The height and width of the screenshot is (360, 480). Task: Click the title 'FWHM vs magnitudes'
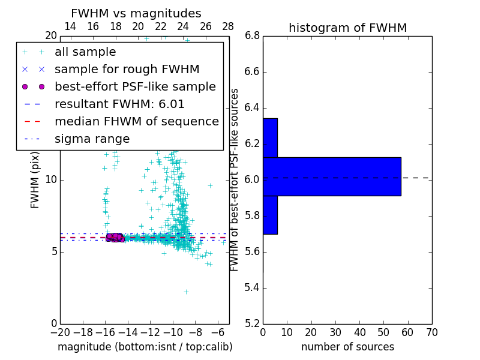click(x=136, y=14)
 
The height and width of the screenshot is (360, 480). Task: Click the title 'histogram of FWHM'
click(x=347, y=28)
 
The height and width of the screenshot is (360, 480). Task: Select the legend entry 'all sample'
click(x=85, y=52)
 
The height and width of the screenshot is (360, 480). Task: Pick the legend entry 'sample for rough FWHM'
click(x=127, y=70)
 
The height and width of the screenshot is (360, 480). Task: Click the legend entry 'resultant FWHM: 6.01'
click(x=119, y=104)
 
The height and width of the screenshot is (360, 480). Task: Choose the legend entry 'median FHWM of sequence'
click(x=136, y=122)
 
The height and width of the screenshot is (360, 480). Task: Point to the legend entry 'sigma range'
click(x=92, y=139)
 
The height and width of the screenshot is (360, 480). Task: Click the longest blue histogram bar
click(x=332, y=176)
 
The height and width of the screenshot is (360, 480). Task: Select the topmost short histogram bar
click(x=270, y=137)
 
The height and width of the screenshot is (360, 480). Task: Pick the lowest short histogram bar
click(x=270, y=215)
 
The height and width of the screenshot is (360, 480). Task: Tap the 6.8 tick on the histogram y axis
click(x=252, y=35)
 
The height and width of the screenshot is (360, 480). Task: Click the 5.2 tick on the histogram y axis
click(x=252, y=323)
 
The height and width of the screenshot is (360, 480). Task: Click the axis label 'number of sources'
click(x=347, y=347)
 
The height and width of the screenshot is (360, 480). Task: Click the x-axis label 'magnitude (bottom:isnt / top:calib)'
click(x=145, y=347)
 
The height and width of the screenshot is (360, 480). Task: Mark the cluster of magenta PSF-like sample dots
click(x=115, y=238)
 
